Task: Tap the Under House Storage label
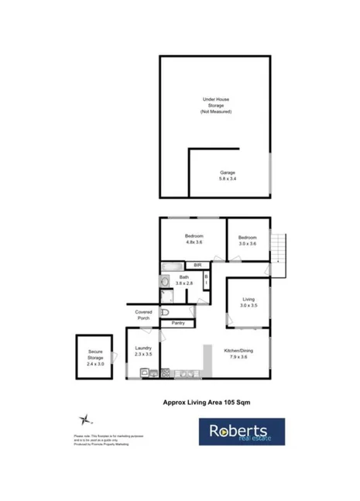click(216, 105)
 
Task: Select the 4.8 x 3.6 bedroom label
click(194, 239)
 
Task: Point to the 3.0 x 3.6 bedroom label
click(248, 241)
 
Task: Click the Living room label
click(249, 302)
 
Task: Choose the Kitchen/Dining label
click(238, 354)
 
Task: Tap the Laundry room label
click(143, 352)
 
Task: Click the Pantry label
click(178, 323)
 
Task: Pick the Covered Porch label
click(143, 315)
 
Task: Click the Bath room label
click(183, 280)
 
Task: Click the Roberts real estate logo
click(242, 432)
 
